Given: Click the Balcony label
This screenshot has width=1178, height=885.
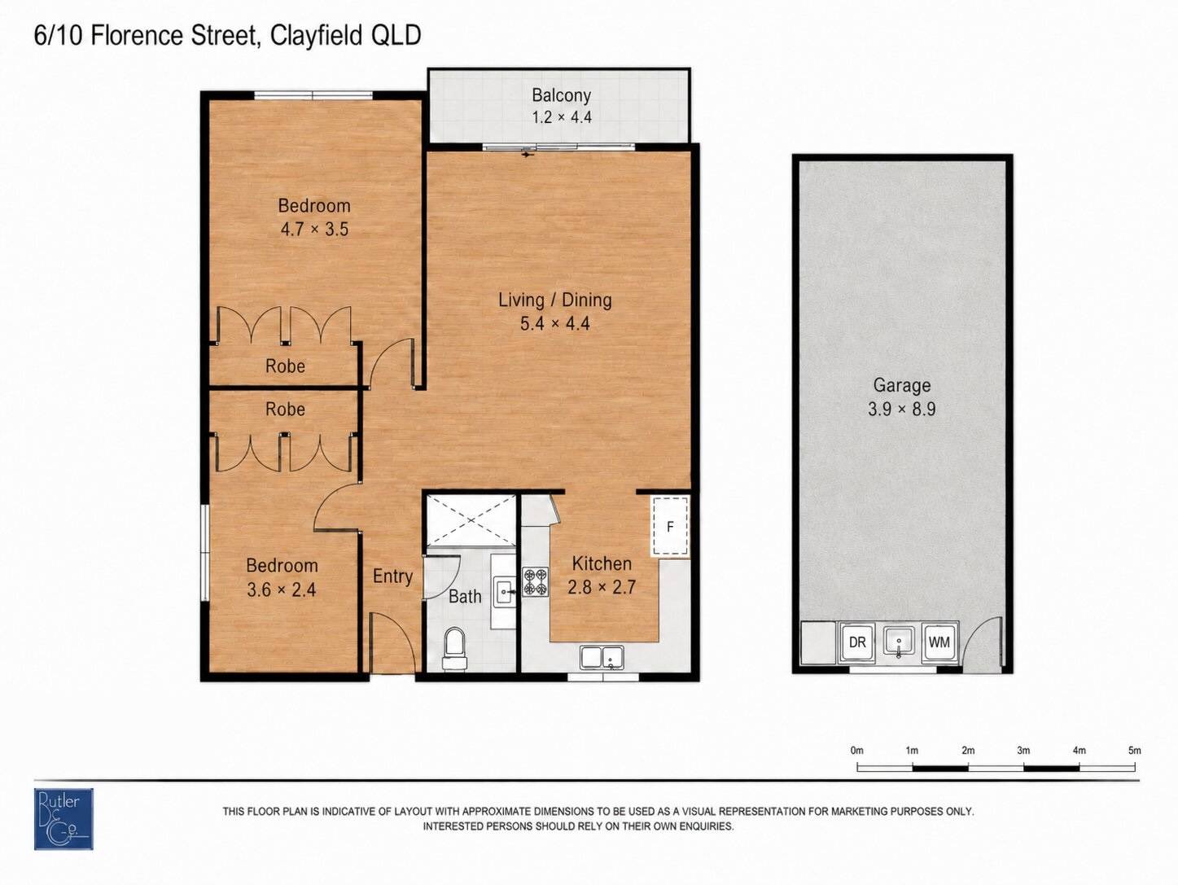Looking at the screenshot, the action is [x=562, y=95].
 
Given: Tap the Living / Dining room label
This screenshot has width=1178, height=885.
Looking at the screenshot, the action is [x=555, y=300].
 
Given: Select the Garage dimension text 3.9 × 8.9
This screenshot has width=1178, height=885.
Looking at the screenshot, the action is [x=901, y=409].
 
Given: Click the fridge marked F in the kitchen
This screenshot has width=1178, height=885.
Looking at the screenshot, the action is [x=669, y=527].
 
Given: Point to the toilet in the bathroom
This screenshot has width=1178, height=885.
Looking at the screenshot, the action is [x=454, y=650].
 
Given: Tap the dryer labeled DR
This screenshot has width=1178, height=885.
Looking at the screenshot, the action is [x=857, y=642].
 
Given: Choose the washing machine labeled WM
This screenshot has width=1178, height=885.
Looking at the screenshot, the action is [x=939, y=642].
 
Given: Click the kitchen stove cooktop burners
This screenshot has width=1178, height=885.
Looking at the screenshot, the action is [x=535, y=582].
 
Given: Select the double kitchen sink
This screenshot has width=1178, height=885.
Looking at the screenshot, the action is [x=602, y=658].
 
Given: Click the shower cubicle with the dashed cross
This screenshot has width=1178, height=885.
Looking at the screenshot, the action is [x=471, y=520].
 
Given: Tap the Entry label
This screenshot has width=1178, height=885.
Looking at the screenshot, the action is [x=393, y=576].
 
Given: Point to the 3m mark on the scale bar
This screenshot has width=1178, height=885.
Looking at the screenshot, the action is [x=1023, y=751].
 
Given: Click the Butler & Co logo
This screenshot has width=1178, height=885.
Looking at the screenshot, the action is [x=63, y=819].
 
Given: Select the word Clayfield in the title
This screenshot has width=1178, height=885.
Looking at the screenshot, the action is [x=309, y=36].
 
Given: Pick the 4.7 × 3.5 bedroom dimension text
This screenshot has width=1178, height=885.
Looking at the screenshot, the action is [x=314, y=229].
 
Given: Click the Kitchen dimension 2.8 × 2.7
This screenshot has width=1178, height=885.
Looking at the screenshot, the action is [x=602, y=587].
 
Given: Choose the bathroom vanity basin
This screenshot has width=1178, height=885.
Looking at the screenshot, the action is [x=504, y=591].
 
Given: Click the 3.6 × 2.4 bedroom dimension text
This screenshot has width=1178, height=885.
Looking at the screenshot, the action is [x=281, y=589].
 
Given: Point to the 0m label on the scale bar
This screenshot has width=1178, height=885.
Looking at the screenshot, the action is [x=857, y=751].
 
